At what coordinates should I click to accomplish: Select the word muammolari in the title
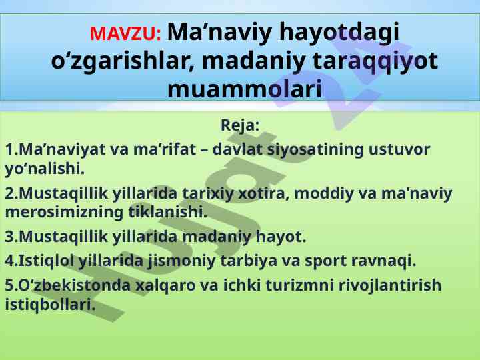(x=245, y=89)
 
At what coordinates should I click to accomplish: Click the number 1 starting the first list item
(x=9, y=149)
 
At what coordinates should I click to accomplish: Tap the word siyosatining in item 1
(x=315, y=150)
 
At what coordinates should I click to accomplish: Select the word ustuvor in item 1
(x=399, y=149)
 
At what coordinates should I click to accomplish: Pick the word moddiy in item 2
(x=324, y=194)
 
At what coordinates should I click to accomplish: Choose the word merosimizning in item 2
(x=64, y=213)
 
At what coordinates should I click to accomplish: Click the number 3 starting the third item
(x=9, y=237)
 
